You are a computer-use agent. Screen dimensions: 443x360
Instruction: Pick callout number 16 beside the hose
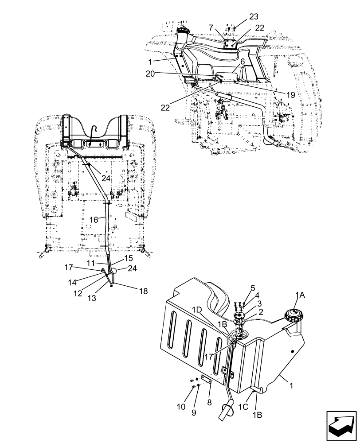point(93,219)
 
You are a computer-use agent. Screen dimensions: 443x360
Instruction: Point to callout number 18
point(144,291)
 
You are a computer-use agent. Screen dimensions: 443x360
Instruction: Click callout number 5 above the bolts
point(253,288)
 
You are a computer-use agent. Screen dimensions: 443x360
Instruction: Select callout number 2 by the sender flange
point(261,311)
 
